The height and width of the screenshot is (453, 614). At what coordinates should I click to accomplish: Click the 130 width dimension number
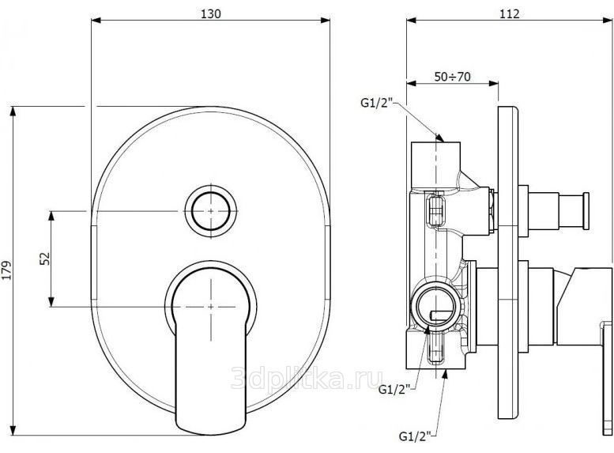pos(211,14)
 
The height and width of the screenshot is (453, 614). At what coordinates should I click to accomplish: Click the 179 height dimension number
pos(7,270)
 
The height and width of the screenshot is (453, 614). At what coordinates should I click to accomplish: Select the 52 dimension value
pos(45,259)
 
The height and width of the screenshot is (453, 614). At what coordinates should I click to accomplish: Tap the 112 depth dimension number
pos(510,14)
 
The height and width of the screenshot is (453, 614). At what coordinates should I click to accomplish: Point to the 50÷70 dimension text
pos(452,77)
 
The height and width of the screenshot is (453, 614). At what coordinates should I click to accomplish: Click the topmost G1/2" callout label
pos(376,103)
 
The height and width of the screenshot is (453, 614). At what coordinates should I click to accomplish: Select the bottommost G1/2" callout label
pos(415,436)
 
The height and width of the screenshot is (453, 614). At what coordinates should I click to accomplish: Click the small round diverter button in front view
pos(211,211)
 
